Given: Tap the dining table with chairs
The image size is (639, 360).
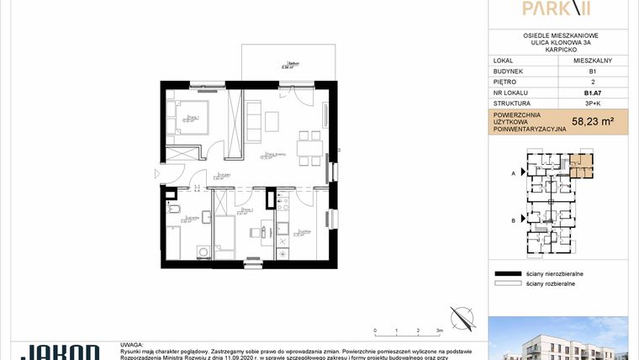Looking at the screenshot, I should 306,145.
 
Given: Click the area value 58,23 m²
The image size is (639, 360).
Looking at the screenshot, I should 592,121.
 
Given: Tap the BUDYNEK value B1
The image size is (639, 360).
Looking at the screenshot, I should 592,71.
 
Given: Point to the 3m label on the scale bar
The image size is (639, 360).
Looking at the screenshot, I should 439,331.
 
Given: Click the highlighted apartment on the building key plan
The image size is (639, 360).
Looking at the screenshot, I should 581,164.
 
